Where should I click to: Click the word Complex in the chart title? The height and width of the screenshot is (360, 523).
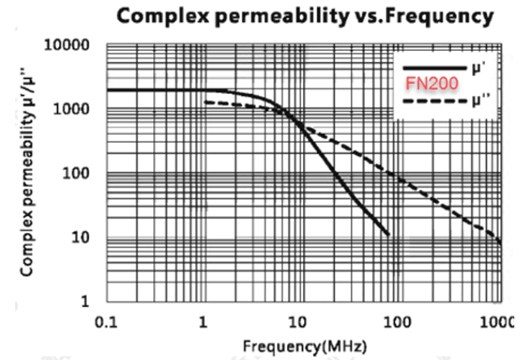[x=163, y=16]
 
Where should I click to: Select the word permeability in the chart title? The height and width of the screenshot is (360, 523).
[x=281, y=16]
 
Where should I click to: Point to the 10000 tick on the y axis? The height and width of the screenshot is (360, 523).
[x=67, y=45]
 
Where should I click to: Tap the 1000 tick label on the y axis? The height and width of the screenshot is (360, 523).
[x=71, y=109]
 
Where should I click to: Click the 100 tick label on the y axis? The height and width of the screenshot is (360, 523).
[x=76, y=173]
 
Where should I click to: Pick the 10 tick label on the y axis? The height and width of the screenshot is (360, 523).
[x=80, y=238]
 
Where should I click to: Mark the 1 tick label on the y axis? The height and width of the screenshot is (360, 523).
[x=86, y=301]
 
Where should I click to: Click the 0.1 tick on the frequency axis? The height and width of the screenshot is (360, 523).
[x=106, y=323]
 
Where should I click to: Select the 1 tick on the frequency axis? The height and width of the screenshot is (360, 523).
[x=203, y=323]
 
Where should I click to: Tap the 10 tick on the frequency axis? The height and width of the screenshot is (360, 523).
[x=297, y=323]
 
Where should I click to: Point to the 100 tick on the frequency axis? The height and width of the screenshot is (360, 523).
[x=397, y=323]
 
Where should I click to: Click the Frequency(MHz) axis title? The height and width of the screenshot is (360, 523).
[x=305, y=347]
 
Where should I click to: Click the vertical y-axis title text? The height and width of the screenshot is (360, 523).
[x=27, y=172]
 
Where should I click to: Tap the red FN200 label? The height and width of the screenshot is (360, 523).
[x=432, y=84]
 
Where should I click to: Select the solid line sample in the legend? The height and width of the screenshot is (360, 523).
[x=435, y=69]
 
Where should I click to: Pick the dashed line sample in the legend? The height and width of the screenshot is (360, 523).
[x=435, y=101]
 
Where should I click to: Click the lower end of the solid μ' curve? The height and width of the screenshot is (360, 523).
[x=388, y=235]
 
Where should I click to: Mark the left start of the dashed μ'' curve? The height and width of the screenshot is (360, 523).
[x=205, y=102]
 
